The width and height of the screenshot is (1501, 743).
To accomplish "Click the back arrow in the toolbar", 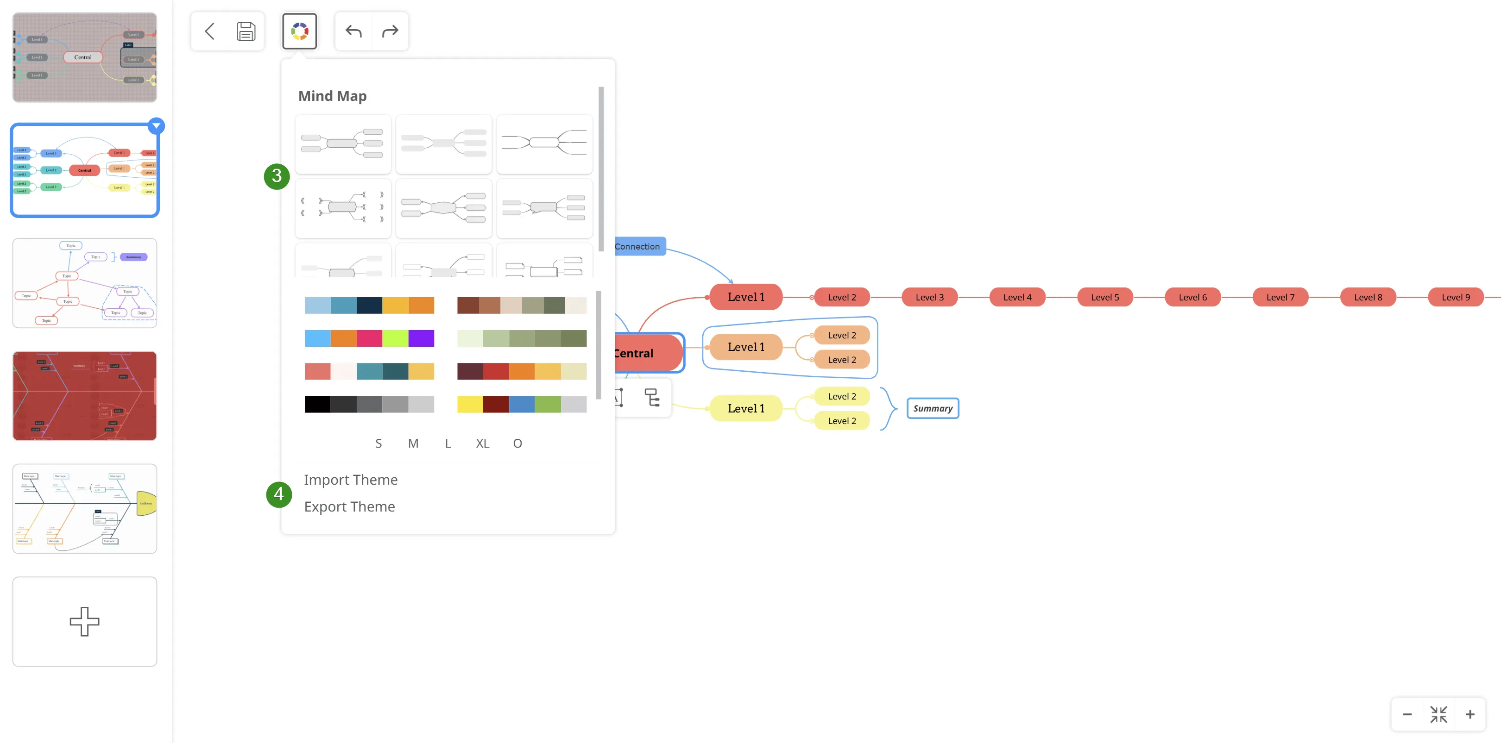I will point(210,31).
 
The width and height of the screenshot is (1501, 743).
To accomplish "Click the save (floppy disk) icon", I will point(246,31).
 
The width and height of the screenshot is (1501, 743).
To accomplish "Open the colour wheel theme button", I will point(299,31).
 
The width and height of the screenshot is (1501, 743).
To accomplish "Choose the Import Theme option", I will point(350,480).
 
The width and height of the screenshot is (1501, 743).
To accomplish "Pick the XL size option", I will point(482,443).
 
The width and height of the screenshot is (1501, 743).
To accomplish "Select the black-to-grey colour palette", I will point(369,404).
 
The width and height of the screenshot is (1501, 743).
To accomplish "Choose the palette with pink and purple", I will point(369,338).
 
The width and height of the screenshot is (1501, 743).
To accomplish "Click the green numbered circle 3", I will point(277,176).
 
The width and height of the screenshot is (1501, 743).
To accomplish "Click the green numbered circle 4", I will point(278,494).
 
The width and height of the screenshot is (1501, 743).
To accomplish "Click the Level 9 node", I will point(1455,298).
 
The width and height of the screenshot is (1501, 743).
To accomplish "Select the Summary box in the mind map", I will point(932,409).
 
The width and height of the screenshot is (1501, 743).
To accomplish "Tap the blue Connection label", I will point(638,247).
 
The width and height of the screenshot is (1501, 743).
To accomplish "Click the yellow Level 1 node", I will point(745,409).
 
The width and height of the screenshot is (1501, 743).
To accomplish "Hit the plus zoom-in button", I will point(1469,714).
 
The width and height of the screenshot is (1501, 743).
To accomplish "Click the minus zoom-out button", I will point(1406,714).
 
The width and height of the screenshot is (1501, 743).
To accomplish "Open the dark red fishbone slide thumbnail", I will point(84,396).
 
